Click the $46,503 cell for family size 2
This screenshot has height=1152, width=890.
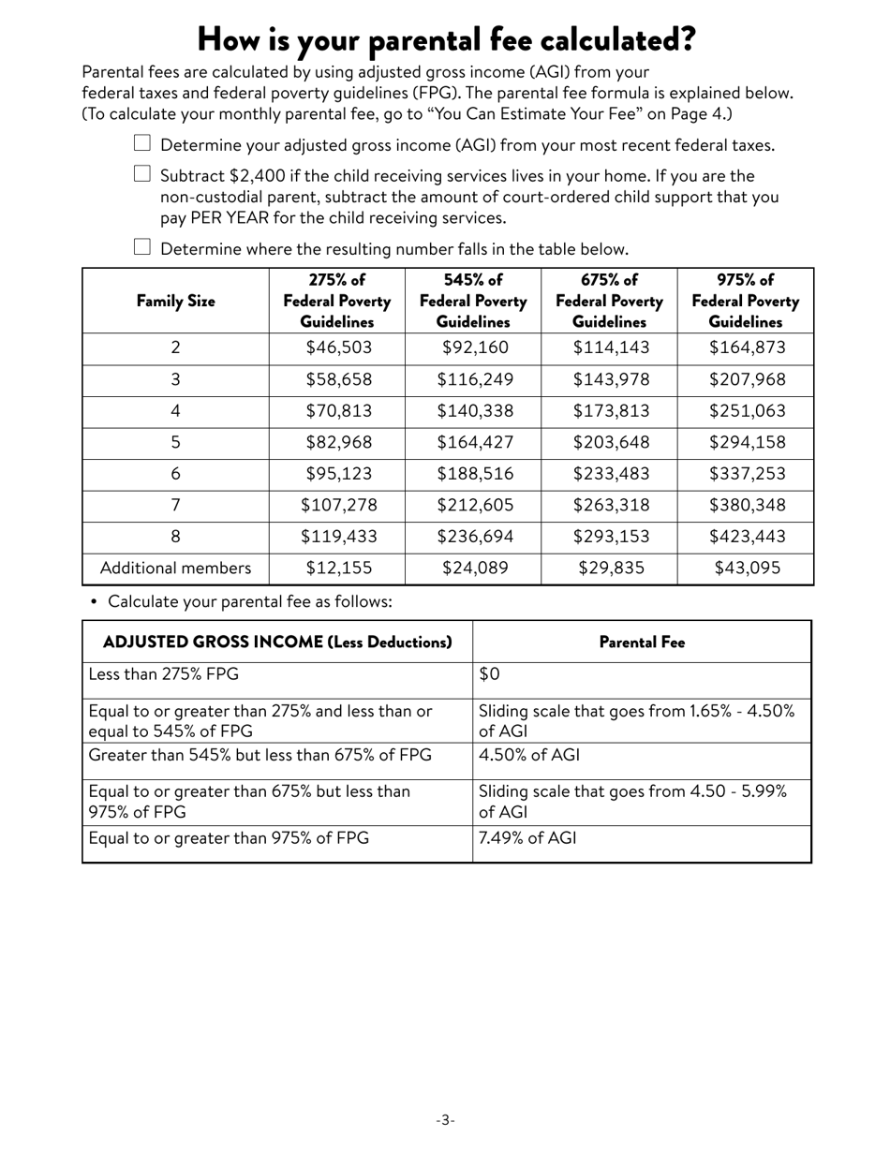(x=337, y=347)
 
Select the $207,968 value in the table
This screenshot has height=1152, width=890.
(x=747, y=379)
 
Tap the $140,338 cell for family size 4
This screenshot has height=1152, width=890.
(x=474, y=411)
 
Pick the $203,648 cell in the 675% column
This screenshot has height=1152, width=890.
(x=610, y=443)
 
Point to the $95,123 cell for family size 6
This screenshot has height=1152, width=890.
(x=337, y=475)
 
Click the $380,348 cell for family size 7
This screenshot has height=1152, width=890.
(x=747, y=506)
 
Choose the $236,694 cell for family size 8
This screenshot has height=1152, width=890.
(x=474, y=538)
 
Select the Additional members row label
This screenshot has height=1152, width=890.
(x=175, y=569)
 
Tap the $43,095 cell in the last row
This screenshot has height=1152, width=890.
(x=747, y=569)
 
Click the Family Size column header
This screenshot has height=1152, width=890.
(x=175, y=301)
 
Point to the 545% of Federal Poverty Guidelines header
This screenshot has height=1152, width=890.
(x=474, y=301)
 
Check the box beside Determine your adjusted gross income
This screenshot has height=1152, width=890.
(x=142, y=143)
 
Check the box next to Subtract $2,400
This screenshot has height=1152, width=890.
(x=142, y=174)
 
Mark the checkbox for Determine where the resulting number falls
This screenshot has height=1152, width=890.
(x=142, y=247)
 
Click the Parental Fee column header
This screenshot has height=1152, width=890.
(x=642, y=642)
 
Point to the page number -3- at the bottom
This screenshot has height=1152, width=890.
(x=445, y=1120)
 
